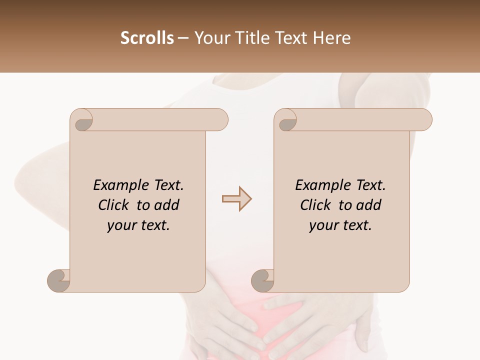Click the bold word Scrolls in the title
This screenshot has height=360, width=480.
coord(147,38)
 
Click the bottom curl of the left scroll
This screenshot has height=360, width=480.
coord(59,280)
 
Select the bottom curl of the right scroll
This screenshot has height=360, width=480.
coord(263,280)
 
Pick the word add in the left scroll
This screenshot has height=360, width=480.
coord(167,205)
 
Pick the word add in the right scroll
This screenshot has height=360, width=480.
coord(369,205)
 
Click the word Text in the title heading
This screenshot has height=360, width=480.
coord(291,38)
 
